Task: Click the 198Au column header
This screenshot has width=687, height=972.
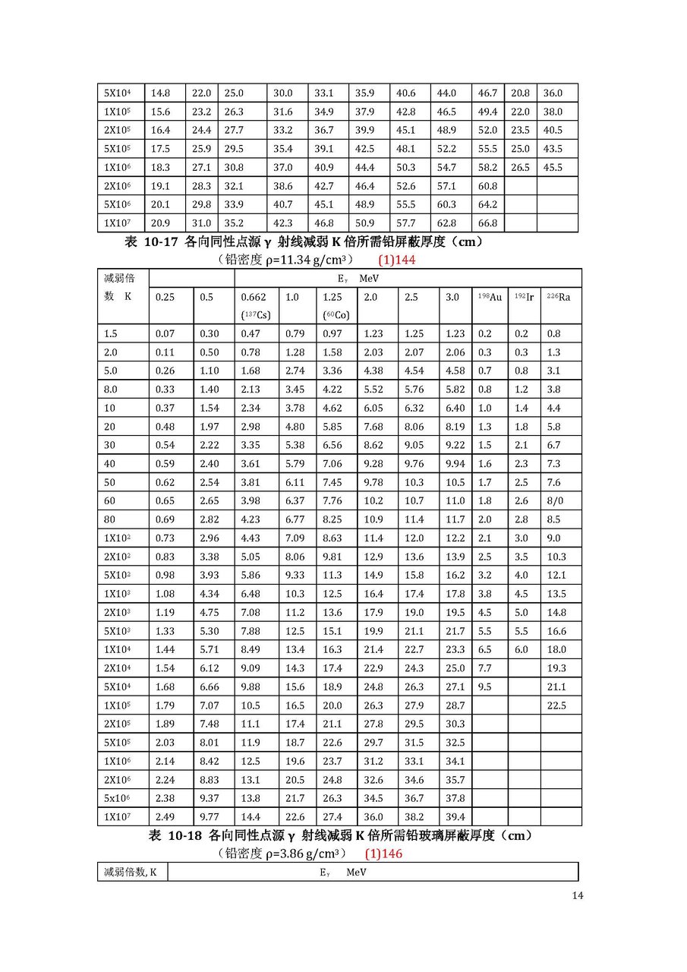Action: [x=490, y=297]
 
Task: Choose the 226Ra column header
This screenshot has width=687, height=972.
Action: [x=559, y=297]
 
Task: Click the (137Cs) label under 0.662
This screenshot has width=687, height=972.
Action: [x=254, y=315]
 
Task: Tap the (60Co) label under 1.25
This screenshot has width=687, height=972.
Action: [x=334, y=315]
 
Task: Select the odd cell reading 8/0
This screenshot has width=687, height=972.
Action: [x=554, y=501]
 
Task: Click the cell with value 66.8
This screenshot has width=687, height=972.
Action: [x=487, y=223]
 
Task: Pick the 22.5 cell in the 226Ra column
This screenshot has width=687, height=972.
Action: [x=557, y=706]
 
